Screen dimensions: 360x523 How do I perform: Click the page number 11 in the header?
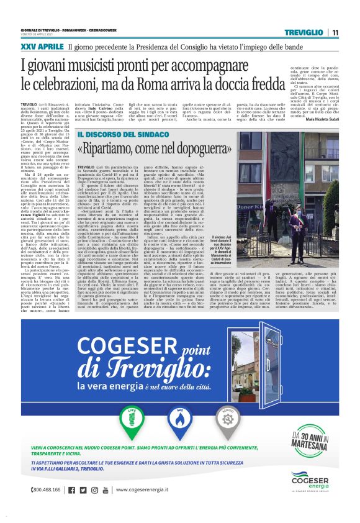(335, 32)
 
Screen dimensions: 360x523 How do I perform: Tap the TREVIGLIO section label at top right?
(304, 32)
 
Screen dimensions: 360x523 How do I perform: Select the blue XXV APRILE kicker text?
(42, 47)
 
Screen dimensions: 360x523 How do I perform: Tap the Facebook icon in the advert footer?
(73, 489)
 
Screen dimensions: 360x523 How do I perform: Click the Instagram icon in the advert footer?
(94, 489)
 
